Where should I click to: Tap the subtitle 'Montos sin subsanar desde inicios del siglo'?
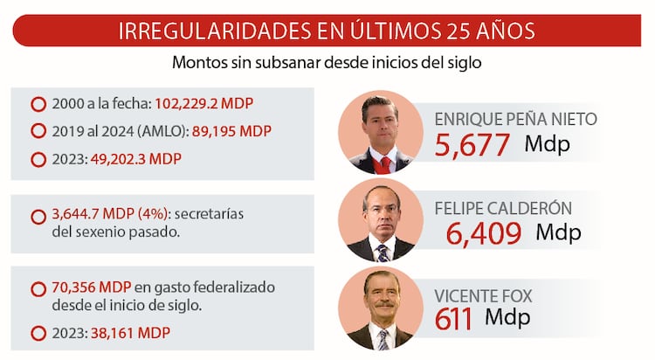(327, 64)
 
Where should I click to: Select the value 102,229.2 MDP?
(203, 104)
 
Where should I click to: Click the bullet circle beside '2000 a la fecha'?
(38, 104)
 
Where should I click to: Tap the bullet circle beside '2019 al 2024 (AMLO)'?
(38, 132)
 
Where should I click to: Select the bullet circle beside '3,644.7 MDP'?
(38, 216)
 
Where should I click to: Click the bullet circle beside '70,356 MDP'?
(38, 288)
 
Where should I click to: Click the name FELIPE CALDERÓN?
(506, 209)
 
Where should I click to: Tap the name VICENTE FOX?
(483, 296)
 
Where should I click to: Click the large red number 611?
(453, 319)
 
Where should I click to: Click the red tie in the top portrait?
(385, 163)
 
